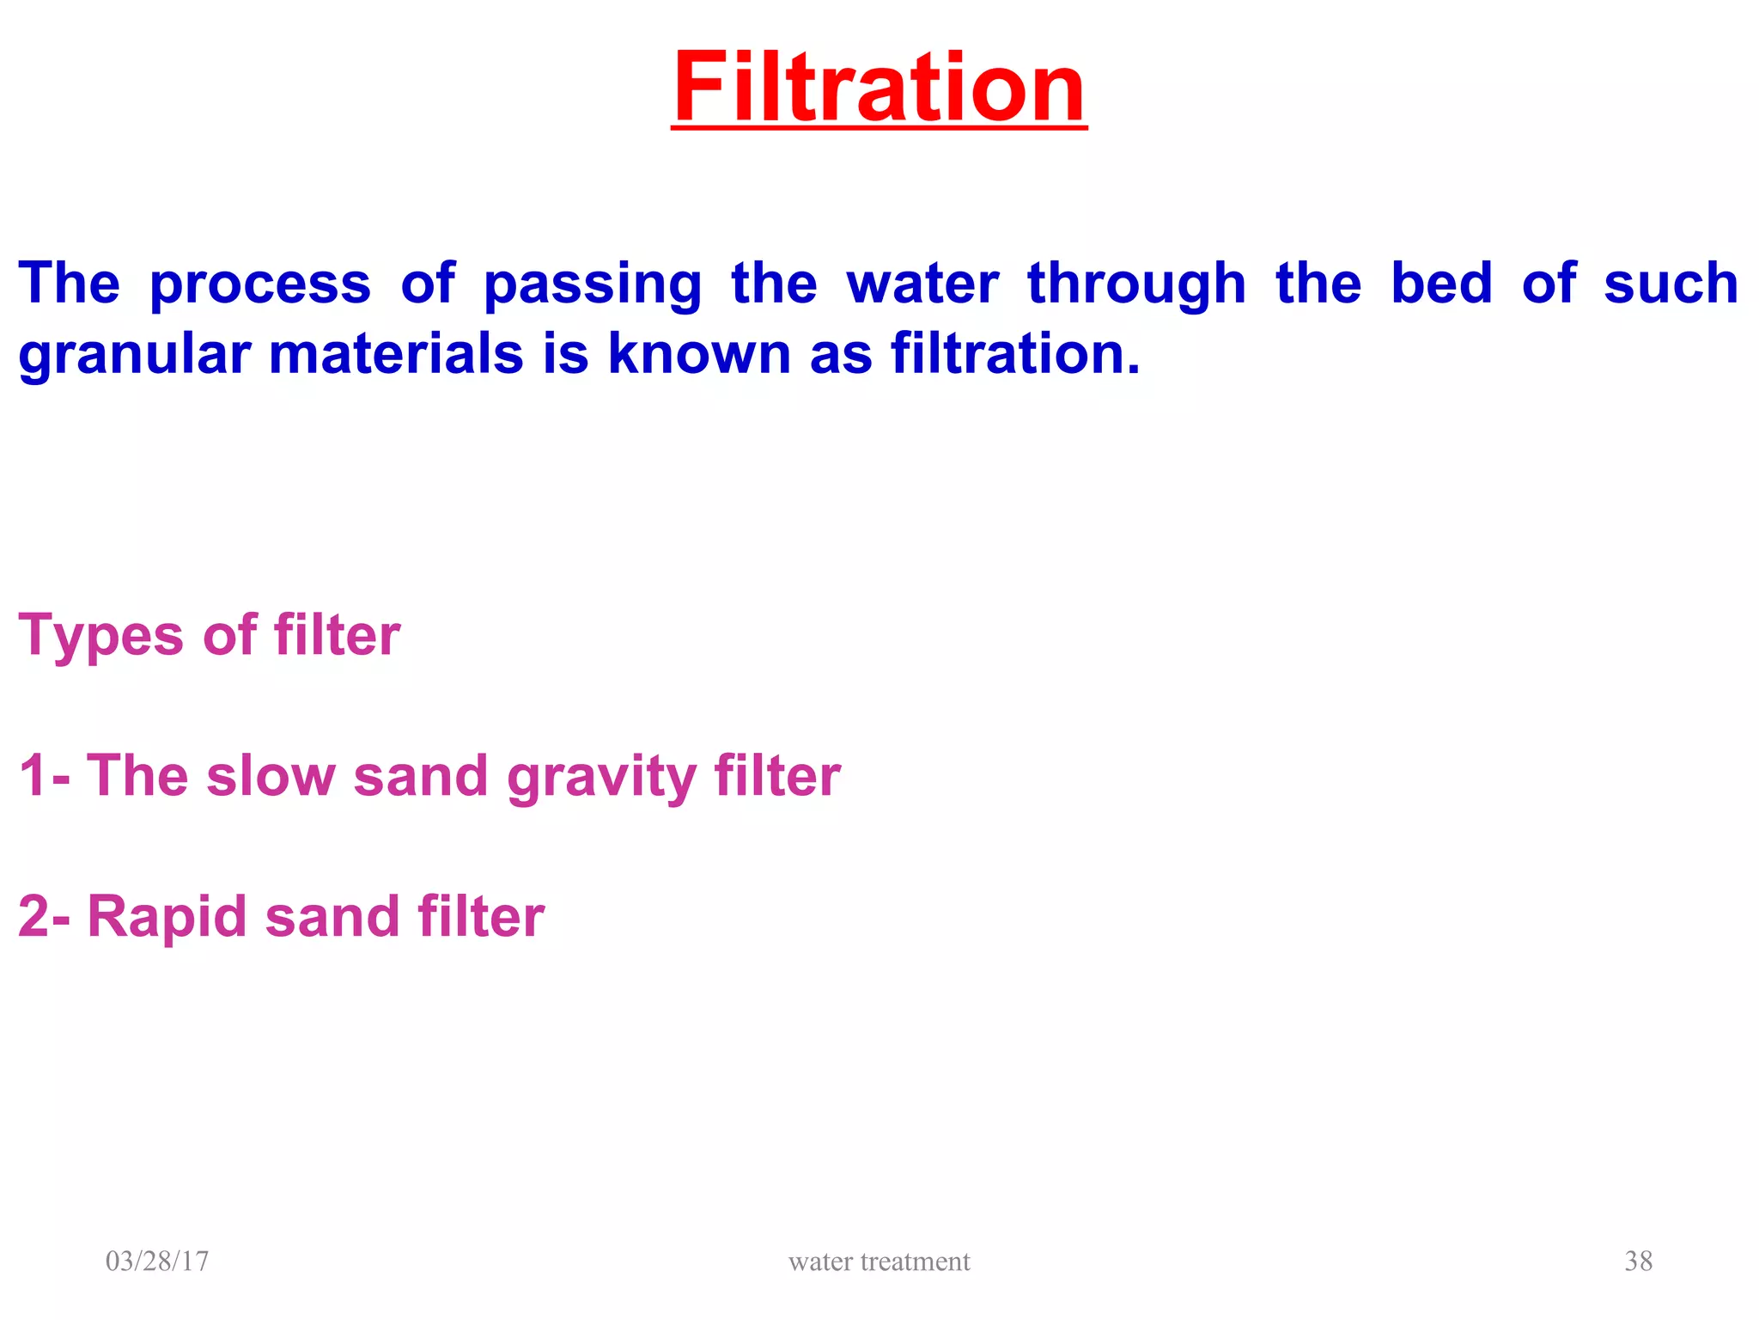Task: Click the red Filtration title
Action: point(879,88)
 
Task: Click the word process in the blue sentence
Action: point(260,285)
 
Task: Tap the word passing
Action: point(593,285)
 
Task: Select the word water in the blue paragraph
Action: point(922,284)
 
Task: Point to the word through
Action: point(1136,285)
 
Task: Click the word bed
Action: point(1441,284)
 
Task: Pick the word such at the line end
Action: point(1671,284)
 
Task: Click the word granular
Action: point(135,356)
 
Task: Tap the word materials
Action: point(396,354)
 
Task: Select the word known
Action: point(699,354)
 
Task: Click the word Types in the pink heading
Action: point(101,637)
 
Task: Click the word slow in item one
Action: point(271,776)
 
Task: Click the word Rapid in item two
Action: point(167,918)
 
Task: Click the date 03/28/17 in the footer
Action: point(157,1261)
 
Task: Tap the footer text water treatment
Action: point(879,1261)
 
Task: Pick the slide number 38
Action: point(1638,1261)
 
